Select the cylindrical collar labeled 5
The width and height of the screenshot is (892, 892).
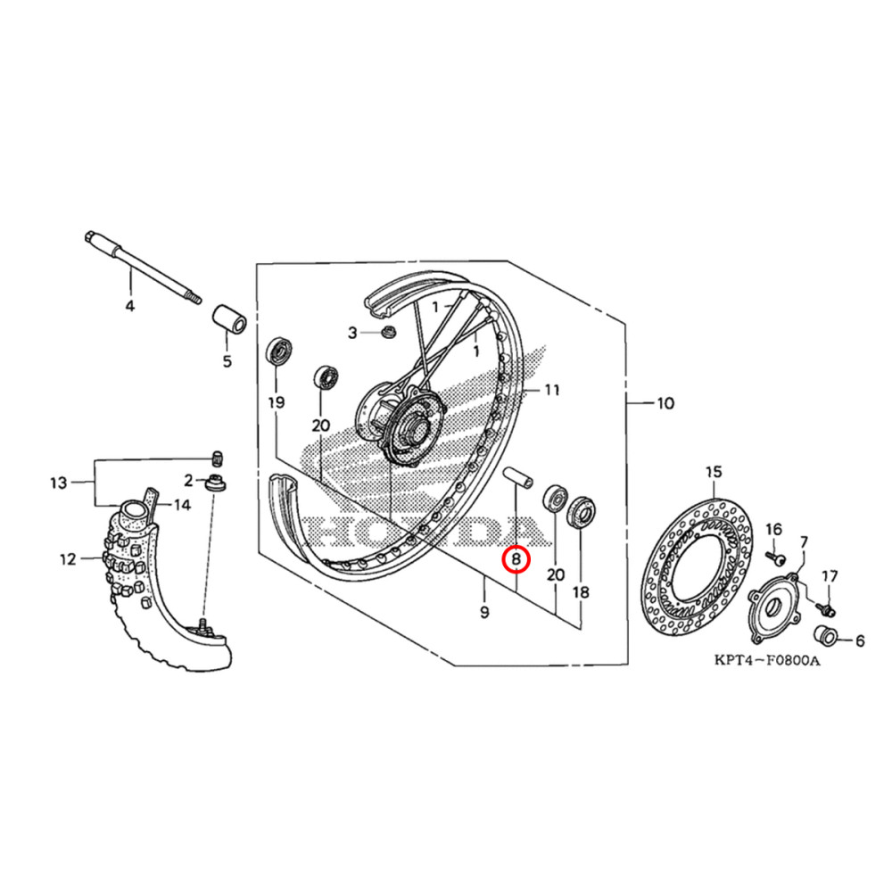click(228, 319)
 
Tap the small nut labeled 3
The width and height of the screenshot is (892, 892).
click(388, 333)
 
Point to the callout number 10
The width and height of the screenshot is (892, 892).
click(665, 403)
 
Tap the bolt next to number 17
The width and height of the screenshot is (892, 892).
click(826, 609)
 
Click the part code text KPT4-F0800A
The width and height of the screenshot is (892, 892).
click(765, 662)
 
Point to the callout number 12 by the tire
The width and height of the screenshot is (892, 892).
click(68, 560)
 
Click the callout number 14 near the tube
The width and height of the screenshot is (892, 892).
click(182, 505)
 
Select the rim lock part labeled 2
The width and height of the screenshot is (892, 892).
click(215, 484)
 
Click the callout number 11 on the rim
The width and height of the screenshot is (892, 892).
click(552, 390)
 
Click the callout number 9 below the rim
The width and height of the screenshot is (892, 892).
click(484, 613)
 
